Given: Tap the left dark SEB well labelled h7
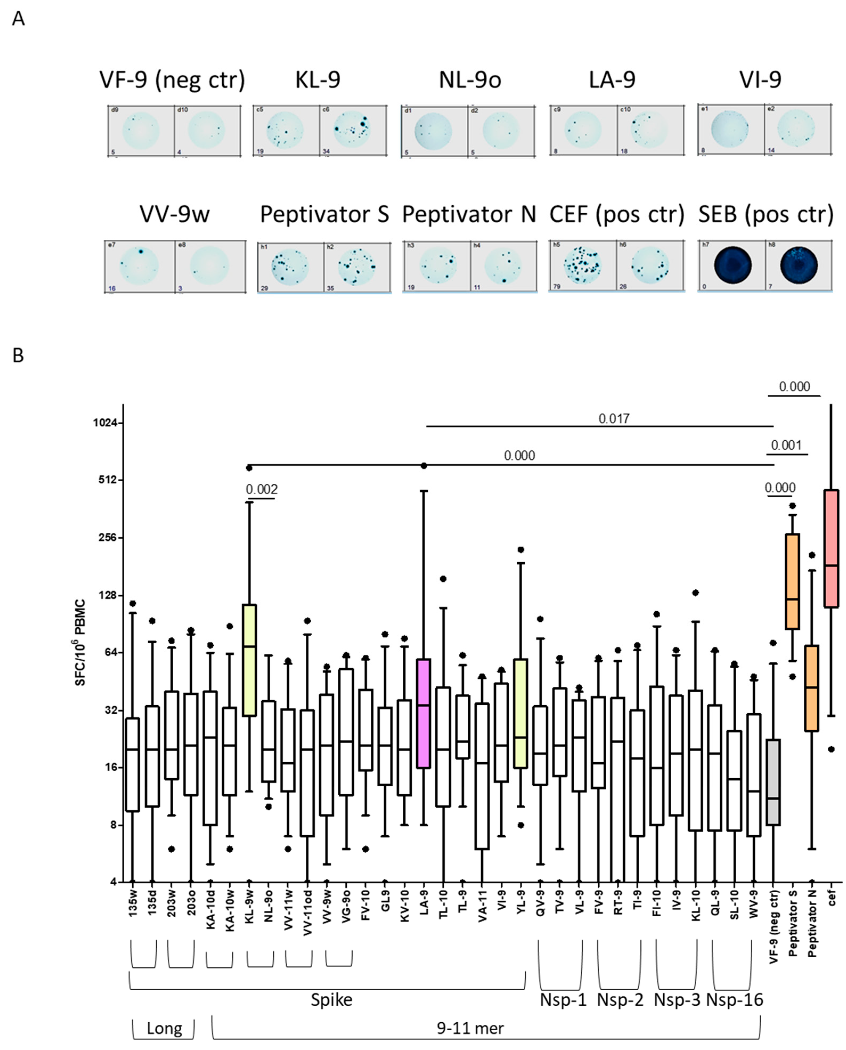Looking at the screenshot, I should [733, 266].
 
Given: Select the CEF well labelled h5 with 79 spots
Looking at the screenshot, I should [582, 266].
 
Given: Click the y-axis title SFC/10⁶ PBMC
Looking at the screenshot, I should [80, 642].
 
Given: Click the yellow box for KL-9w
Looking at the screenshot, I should [250, 661].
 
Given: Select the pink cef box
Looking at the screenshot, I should [830, 548].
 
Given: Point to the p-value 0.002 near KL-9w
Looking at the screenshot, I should [262, 489].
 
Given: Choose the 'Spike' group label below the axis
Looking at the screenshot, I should [331, 1000].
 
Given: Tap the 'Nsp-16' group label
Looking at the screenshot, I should [734, 1000].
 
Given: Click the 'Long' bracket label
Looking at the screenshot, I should [164, 1028].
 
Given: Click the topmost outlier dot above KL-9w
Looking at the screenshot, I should [249, 468].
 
